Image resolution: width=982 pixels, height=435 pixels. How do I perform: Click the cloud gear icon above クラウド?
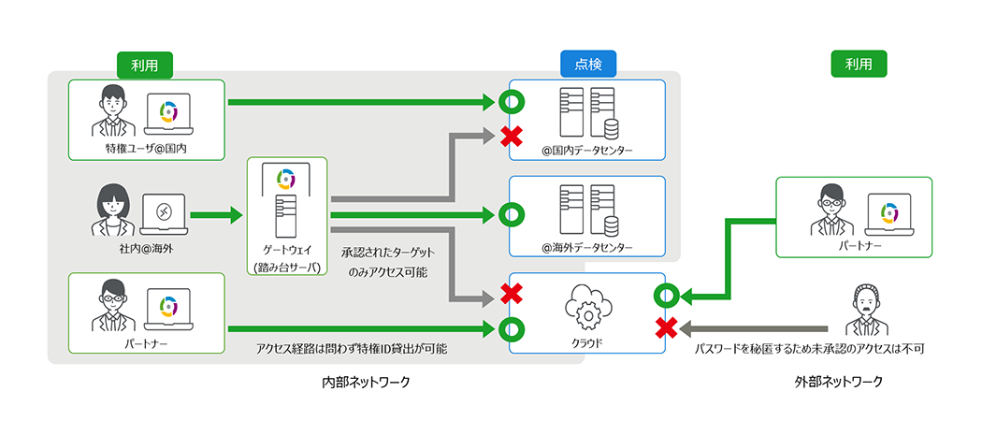click(x=587, y=305)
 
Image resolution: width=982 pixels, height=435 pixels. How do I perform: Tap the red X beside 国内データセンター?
click(x=511, y=137)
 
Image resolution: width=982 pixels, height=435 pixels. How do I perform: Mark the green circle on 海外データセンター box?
click(x=511, y=215)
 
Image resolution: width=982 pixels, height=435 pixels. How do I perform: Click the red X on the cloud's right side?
click(x=666, y=328)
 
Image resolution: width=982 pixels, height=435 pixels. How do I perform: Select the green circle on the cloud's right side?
click(x=666, y=297)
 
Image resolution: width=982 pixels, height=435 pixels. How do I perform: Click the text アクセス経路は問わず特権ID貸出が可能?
click(x=352, y=349)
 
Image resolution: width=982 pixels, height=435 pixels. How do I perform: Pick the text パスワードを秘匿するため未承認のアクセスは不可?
click(x=812, y=349)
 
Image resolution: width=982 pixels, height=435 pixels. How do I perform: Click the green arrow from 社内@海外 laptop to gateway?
click(x=214, y=215)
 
